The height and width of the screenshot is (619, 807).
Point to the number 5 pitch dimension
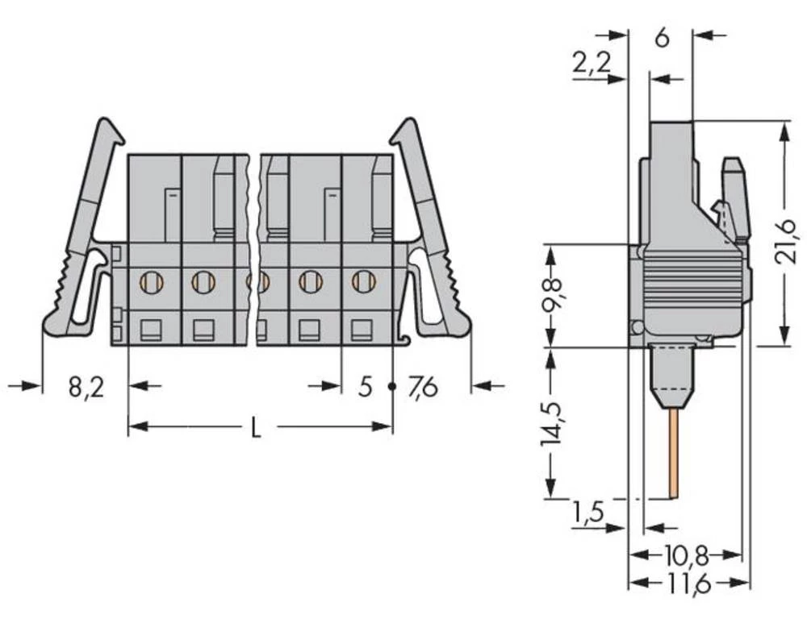(x=365, y=388)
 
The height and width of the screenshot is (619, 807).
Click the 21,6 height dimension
(x=794, y=233)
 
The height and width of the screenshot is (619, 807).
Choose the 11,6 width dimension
(x=688, y=582)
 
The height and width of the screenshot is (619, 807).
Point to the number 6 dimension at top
(x=661, y=37)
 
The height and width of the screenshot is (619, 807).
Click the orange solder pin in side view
(x=672, y=451)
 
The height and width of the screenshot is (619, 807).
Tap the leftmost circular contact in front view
(x=151, y=281)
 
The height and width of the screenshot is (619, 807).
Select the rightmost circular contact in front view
(x=364, y=281)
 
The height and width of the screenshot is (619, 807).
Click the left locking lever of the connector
(x=81, y=234)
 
